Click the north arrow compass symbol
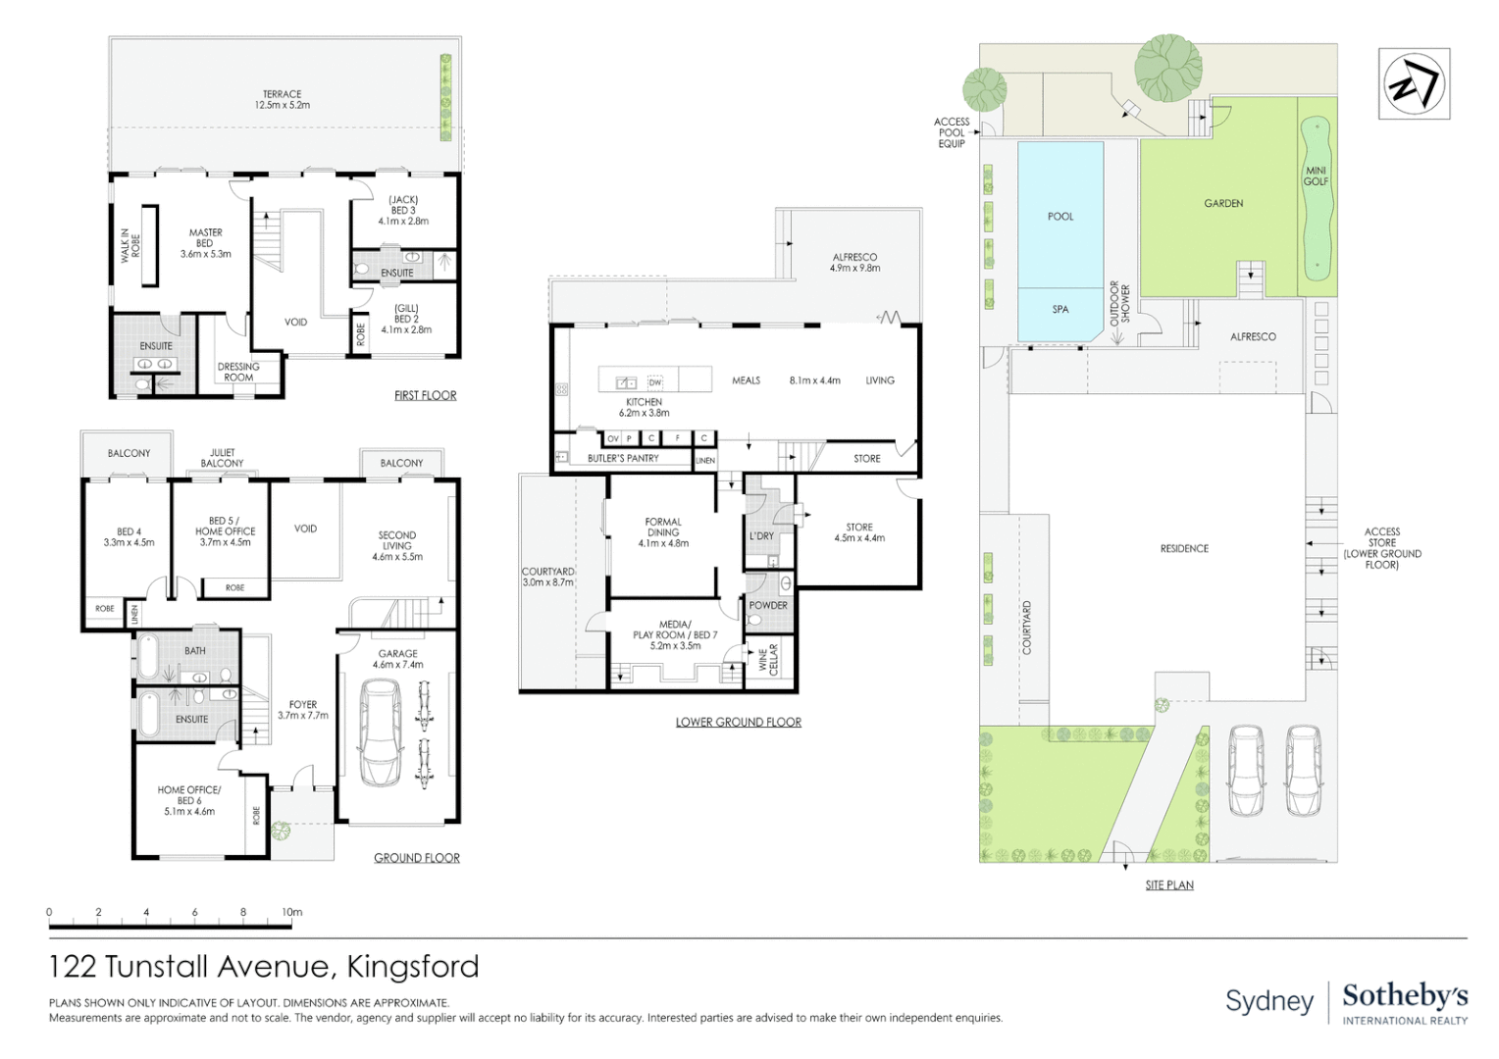pos(1414,84)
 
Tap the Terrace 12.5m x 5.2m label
pos(283,100)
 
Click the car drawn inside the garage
pos(380,733)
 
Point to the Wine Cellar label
pos(768,659)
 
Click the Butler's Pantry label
pos(623,458)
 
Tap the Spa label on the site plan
pos(1060,310)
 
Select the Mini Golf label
pos(1316,176)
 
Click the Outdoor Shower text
pos(1120,305)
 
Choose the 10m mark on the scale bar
pos(292,913)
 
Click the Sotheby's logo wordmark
pos(1405,996)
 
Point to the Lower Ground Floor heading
pos(738,723)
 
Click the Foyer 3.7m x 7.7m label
pos(303,710)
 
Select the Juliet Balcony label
pos(223,458)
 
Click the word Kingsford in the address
pos(413,967)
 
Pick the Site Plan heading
pos(1169,885)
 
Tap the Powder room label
pos(768,606)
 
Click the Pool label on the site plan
pos(1060,217)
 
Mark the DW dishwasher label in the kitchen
pos(655,382)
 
